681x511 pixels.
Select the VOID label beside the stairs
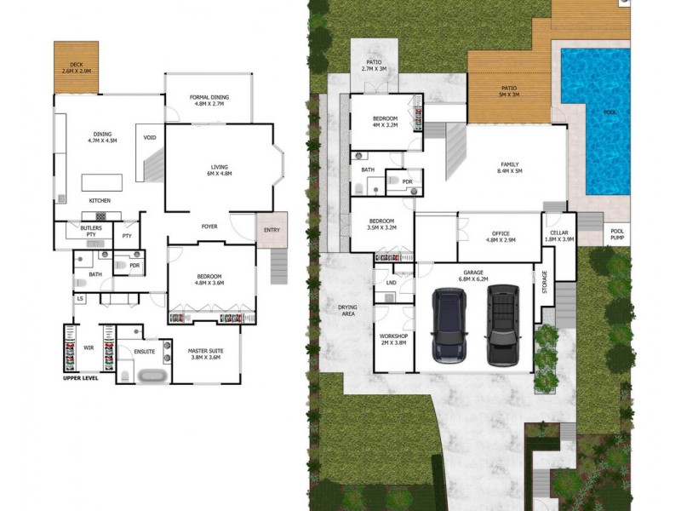point(150,138)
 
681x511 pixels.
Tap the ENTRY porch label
point(272,229)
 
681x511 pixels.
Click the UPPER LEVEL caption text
point(82,378)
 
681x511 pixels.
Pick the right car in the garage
point(501,324)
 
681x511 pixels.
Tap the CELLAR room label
point(558,233)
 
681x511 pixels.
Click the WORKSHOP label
point(394,336)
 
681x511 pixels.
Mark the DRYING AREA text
point(346,309)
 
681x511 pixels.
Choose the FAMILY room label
point(510,164)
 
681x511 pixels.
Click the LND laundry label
point(392,282)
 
